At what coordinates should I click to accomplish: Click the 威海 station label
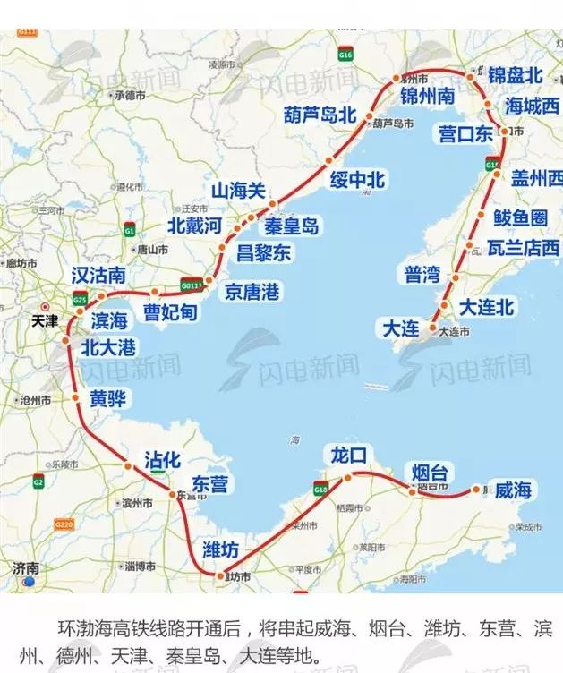tap(513, 490)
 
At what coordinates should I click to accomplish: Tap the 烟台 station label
tap(430, 473)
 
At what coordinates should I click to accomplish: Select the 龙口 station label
tap(348, 455)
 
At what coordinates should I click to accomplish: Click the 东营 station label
tap(210, 484)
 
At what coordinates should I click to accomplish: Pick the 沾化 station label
tap(163, 461)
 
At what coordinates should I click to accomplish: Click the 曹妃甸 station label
tap(171, 313)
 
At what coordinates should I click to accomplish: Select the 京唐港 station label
tap(252, 292)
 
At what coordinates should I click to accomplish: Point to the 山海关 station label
tap(238, 191)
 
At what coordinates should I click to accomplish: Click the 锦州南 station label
tap(428, 96)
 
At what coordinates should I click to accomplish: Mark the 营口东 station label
tap(465, 134)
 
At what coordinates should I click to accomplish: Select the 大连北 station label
tap(486, 307)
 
